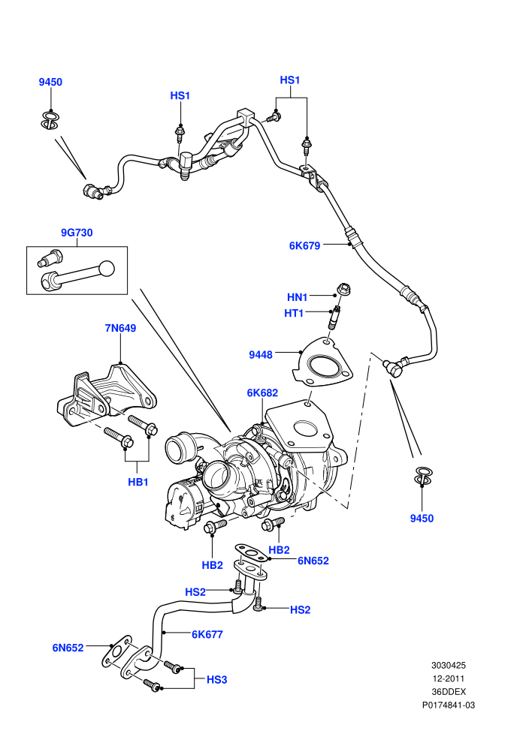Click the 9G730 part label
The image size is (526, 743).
pyautogui.click(x=77, y=233)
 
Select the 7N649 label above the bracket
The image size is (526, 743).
pyautogui.click(x=120, y=328)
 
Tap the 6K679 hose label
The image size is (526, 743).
pyautogui.click(x=304, y=245)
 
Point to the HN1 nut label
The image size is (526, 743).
pyautogui.click(x=298, y=297)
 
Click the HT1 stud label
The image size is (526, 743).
pyautogui.click(x=294, y=313)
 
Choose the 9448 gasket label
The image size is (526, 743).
pyautogui.click(x=261, y=354)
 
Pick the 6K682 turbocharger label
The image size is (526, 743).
pyautogui.click(x=262, y=393)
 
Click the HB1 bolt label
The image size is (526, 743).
pyautogui.click(x=138, y=482)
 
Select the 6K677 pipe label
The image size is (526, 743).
pyautogui.click(x=207, y=634)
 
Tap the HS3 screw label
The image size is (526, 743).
pyautogui.click(x=216, y=679)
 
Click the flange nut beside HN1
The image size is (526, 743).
pyautogui.click(x=343, y=289)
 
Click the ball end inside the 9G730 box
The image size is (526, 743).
pyautogui.click(x=107, y=269)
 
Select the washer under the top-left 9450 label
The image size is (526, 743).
pyautogui.click(x=50, y=119)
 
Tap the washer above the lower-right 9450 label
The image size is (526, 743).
pyautogui.click(x=423, y=477)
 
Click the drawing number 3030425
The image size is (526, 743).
pyautogui.click(x=448, y=665)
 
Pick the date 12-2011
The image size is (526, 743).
pyautogui.click(x=448, y=678)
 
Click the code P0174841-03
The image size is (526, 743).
pyautogui.click(x=448, y=705)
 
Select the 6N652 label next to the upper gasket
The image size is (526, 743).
pyautogui.click(x=313, y=561)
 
